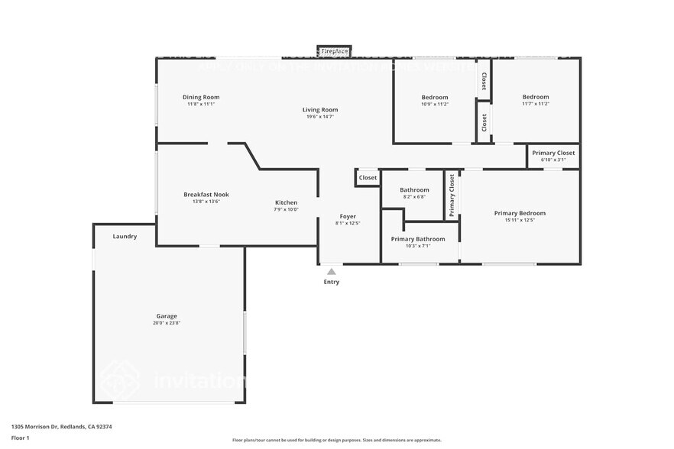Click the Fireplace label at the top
click(x=334, y=51)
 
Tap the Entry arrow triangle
click(x=331, y=271)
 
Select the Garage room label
click(x=167, y=316)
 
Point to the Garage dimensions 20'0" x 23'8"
click(x=167, y=324)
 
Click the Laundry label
click(x=125, y=237)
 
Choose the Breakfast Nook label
click(x=206, y=195)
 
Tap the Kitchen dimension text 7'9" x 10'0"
click(x=287, y=210)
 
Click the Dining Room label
click(x=201, y=97)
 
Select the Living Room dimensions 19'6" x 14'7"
click(x=320, y=117)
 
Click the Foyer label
click(x=347, y=216)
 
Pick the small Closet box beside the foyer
click(x=368, y=178)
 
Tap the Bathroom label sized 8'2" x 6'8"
click(x=414, y=190)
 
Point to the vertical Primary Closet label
click(x=452, y=195)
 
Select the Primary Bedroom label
click(x=520, y=213)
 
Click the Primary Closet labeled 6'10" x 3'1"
click(x=553, y=153)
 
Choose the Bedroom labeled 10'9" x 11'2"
click(x=435, y=97)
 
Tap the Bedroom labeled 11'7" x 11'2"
click(x=535, y=97)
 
